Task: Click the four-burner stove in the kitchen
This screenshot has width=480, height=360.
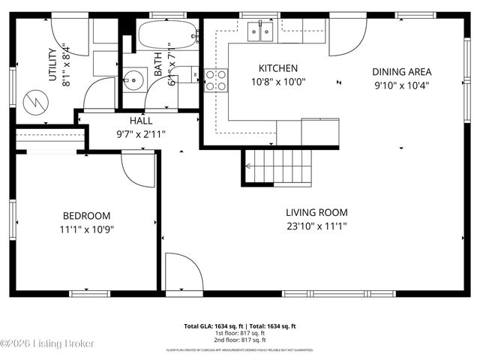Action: click(x=216, y=79)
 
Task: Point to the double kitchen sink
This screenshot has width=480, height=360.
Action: click(x=260, y=31)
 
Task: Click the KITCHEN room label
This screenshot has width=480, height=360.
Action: click(x=278, y=68)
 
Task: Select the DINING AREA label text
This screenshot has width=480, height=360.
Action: click(x=402, y=72)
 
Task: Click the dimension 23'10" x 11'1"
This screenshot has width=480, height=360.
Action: click(x=316, y=226)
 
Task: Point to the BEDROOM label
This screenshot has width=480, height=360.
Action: click(x=86, y=215)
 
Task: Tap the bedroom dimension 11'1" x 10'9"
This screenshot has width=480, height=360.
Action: click(x=86, y=229)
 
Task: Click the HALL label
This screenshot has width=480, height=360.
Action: click(x=141, y=120)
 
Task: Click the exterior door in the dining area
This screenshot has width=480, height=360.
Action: click(x=346, y=37)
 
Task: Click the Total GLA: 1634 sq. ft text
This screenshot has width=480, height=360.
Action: click(x=212, y=326)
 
